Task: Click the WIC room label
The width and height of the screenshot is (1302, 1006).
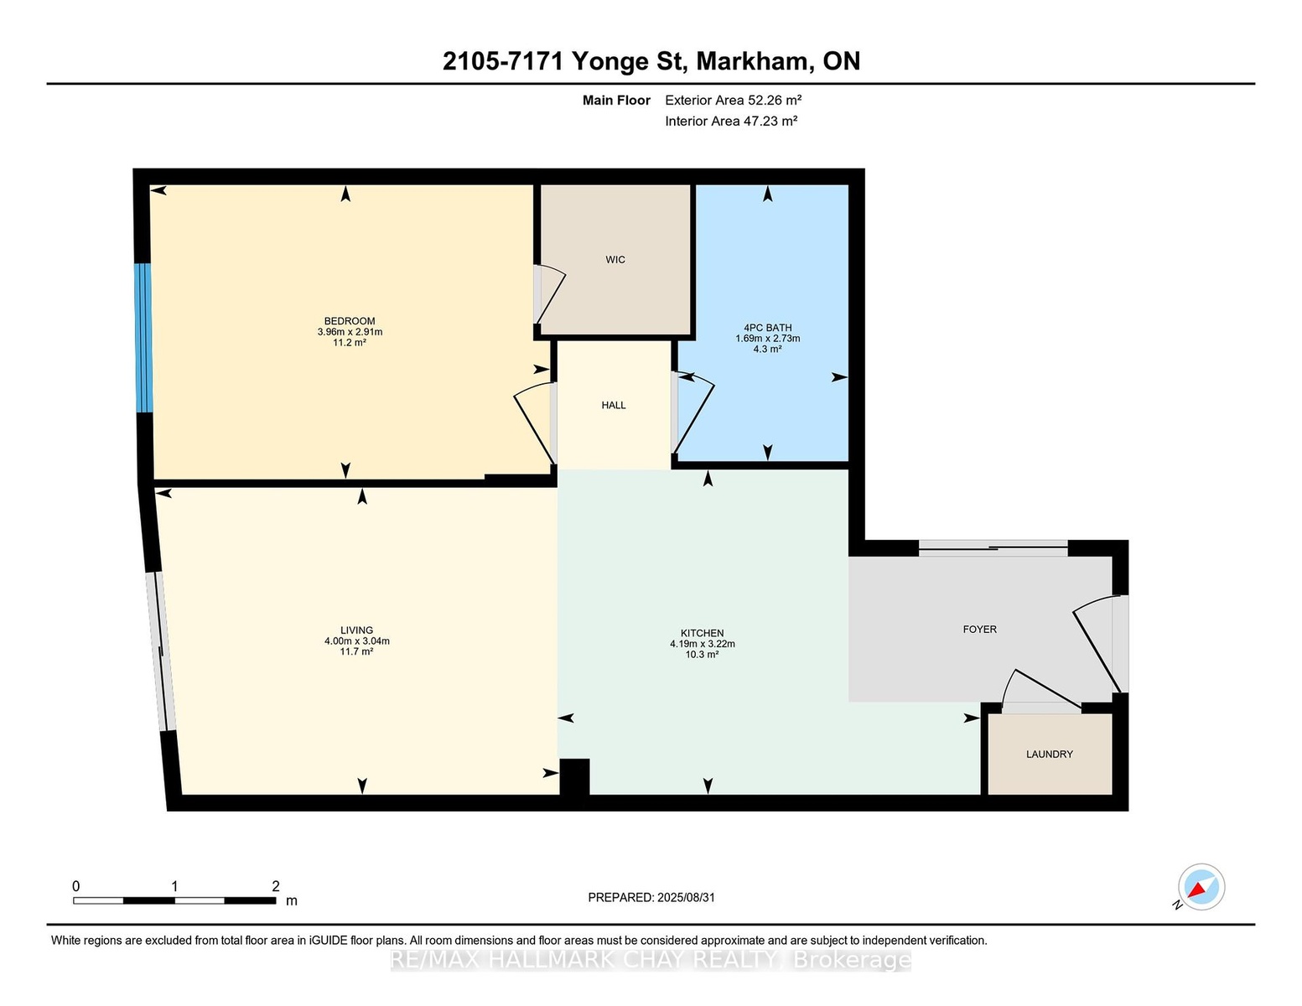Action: point(615,259)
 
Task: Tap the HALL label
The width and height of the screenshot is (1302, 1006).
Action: point(614,405)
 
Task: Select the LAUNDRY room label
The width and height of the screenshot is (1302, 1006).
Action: point(1049,754)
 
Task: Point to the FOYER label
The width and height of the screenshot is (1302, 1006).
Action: point(980,629)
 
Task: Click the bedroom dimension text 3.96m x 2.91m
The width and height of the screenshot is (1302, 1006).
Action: point(350,332)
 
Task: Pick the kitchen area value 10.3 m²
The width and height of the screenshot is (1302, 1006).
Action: point(703,654)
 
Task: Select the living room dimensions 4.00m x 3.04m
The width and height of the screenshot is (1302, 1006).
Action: point(357,641)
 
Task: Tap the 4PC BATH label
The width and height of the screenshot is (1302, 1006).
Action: point(768,328)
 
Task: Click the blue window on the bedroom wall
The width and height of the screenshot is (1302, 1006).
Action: point(143,338)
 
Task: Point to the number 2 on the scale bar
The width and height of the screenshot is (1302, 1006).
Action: point(276,886)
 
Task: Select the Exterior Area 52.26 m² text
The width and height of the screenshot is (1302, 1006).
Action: point(734,100)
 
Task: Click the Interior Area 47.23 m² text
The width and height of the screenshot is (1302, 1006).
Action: point(731,121)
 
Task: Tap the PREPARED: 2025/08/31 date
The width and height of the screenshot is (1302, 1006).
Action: point(651,898)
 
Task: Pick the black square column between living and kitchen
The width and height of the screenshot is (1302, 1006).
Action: point(574,777)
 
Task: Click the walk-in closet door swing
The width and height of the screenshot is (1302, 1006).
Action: point(551,296)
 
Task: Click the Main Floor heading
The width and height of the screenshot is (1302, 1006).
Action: point(616,100)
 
